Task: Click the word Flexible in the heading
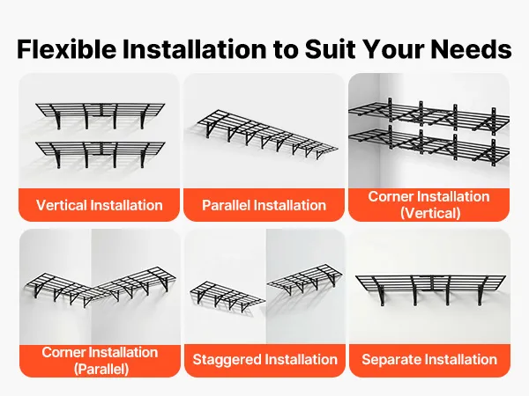67,49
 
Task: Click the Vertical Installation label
99,205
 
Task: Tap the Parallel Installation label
264,205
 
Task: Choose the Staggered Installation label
264,359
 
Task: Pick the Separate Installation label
429,359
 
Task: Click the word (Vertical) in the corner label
430,213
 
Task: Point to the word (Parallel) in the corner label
101,369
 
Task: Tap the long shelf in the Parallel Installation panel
266,134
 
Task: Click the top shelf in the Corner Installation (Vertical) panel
428,114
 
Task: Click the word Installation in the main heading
194,49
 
